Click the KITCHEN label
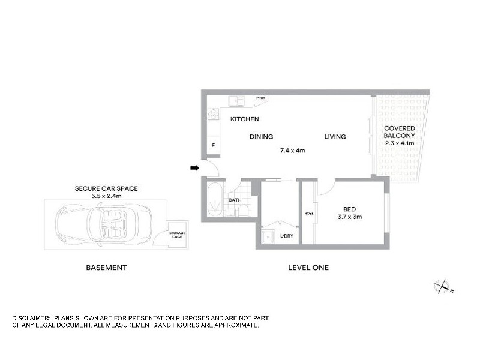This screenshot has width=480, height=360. [x=245, y=119]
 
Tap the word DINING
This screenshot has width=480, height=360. [x=262, y=137]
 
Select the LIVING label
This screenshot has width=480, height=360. [x=335, y=137]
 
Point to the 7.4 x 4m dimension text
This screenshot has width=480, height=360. [x=293, y=151]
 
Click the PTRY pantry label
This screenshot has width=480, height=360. [x=260, y=98]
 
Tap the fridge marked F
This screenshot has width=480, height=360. [x=213, y=145]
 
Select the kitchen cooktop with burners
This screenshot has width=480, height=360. [x=212, y=113]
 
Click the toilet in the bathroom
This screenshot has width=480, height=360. [x=241, y=211]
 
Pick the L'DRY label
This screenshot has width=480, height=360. [x=287, y=236]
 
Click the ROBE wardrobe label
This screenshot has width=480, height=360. [x=308, y=213]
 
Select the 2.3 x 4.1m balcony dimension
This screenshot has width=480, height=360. [x=400, y=143]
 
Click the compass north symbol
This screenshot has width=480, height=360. [x=443, y=286]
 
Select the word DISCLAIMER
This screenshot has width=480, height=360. [x=31, y=317]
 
